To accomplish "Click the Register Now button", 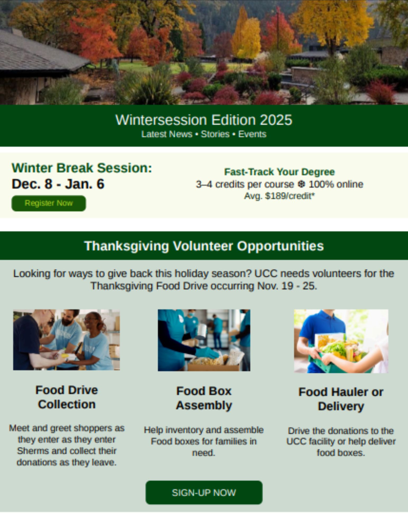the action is (x=49, y=203).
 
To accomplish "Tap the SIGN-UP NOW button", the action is (x=204, y=493).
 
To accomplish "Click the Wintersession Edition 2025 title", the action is (x=204, y=120).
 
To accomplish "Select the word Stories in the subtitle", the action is (x=215, y=134).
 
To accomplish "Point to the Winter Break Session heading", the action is (x=82, y=168).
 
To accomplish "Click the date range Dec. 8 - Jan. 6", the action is (x=58, y=184).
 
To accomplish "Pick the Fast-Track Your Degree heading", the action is (x=279, y=172).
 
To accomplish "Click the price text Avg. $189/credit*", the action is (x=279, y=196).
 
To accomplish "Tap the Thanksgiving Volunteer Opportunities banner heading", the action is (x=204, y=246).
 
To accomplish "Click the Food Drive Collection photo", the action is (x=67, y=340).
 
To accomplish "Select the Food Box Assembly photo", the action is (x=204, y=340).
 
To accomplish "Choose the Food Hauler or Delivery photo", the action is (x=341, y=341).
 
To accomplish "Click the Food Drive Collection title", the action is (x=67, y=397).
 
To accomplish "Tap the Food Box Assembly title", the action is (x=204, y=398).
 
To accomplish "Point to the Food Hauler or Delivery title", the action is (x=341, y=399).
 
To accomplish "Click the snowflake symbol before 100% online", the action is (x=301, y=184).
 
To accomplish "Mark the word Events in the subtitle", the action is (x=252, y=134).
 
